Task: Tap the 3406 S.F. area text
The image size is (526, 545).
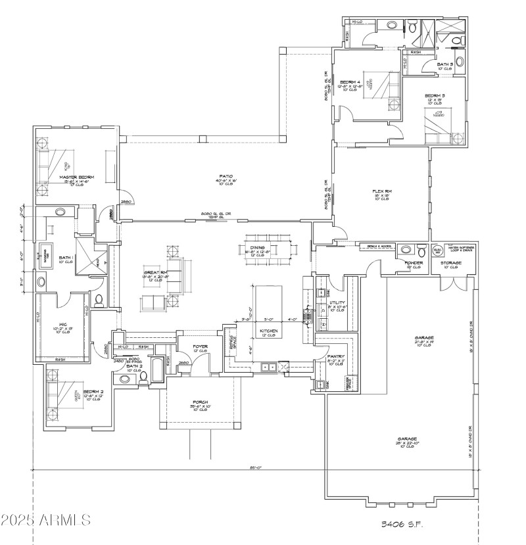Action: [402, 524]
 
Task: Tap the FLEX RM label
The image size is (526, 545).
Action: [381, 192]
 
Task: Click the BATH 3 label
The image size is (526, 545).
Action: [445, 64]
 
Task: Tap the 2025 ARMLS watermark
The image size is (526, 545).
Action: [46, 521]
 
